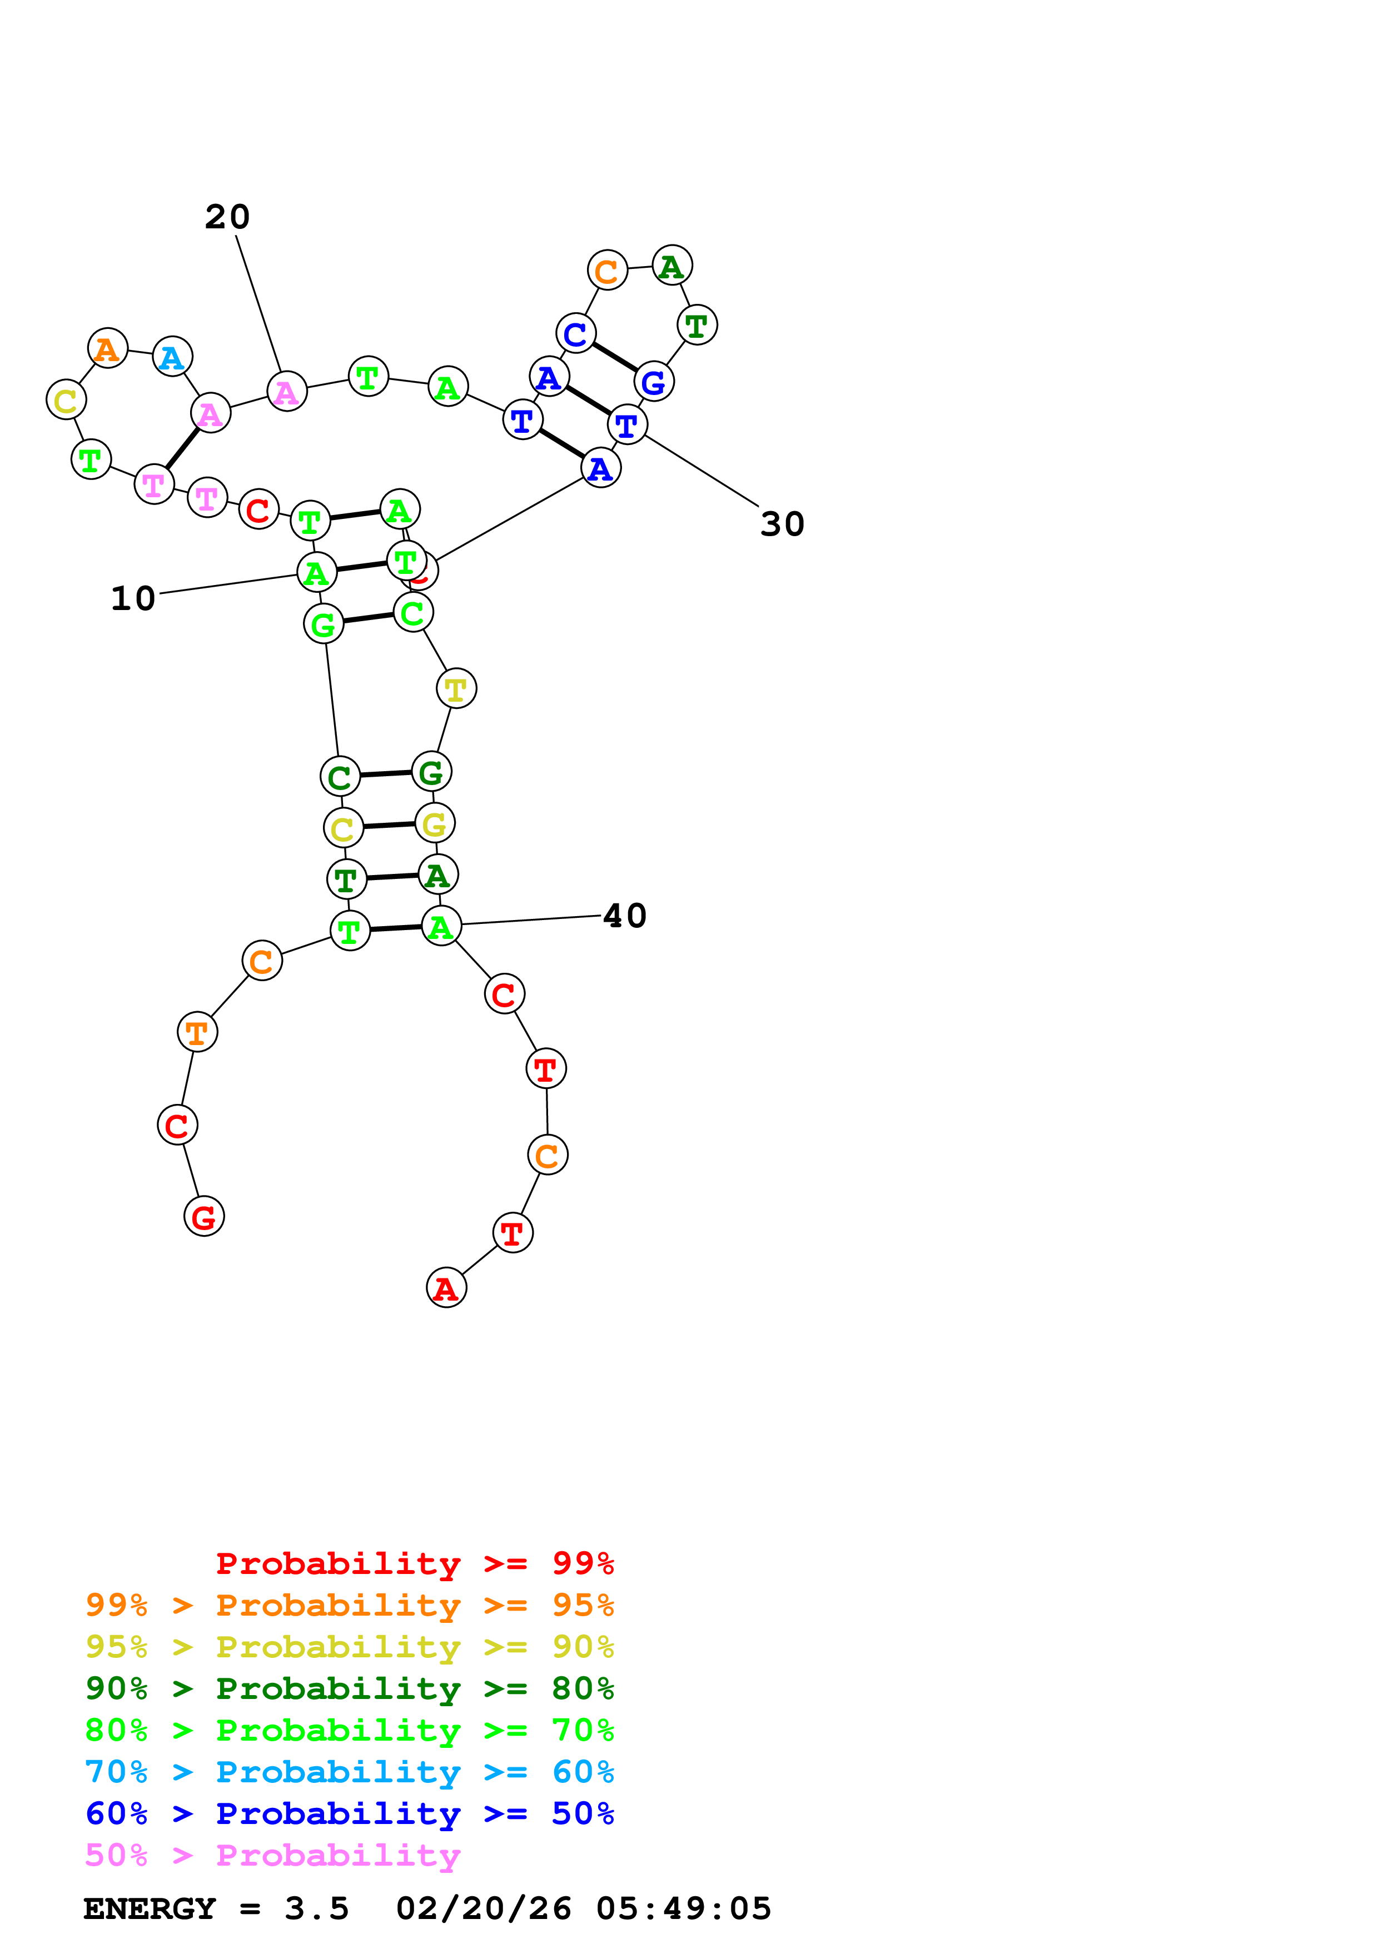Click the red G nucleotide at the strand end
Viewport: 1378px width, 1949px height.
204,1216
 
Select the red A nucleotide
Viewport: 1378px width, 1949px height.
446,1288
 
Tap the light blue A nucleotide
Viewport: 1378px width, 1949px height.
172,357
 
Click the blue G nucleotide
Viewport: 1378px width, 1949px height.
654,382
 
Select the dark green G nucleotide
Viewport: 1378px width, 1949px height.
431,772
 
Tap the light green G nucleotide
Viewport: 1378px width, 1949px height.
324,625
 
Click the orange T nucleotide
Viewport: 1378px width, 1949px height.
197,1032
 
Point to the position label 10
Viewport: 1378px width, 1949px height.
133,598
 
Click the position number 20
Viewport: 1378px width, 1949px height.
227,217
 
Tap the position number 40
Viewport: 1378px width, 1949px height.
625,916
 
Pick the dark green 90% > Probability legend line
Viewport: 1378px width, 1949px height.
349,1688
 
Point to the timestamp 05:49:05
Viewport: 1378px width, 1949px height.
684,1909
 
